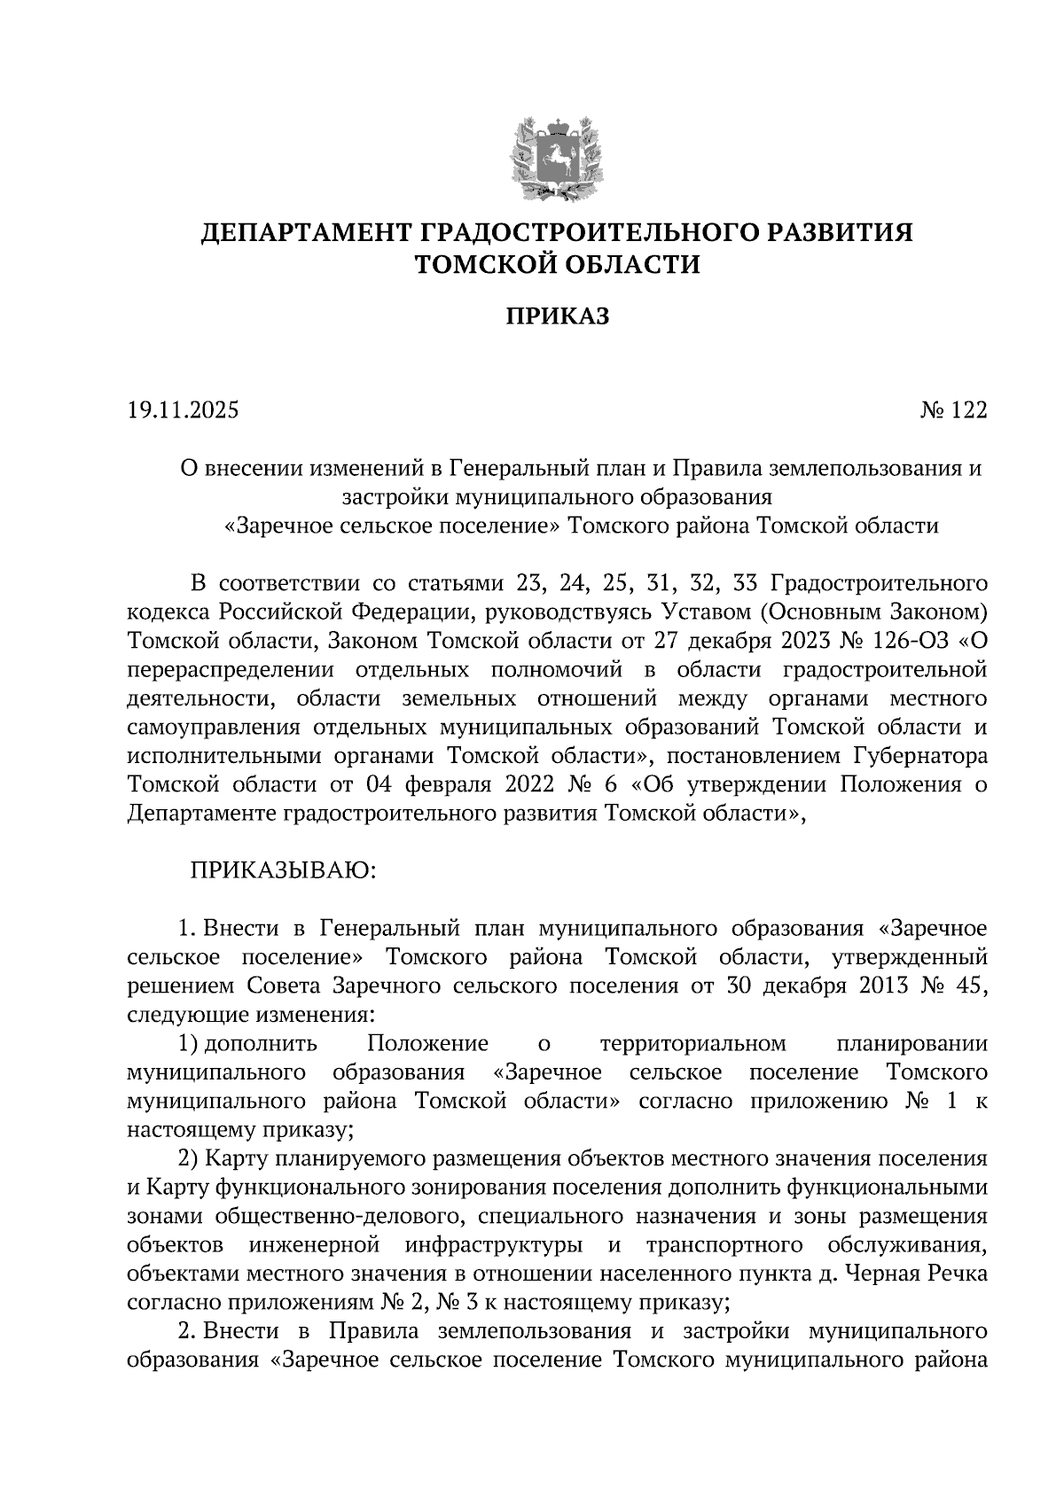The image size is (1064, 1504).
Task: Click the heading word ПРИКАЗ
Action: click(558, 316)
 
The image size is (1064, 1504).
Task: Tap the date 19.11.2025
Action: click(183, 410)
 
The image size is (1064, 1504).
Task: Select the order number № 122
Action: click(953, 410)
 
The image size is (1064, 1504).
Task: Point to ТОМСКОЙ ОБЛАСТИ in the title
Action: click(558, 264)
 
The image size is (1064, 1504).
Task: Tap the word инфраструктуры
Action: click(494, 1244)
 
